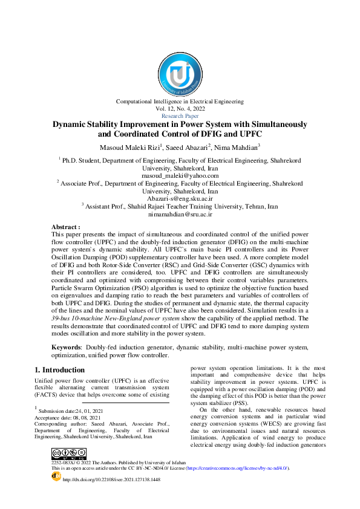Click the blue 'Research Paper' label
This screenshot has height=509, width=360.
point(180,115)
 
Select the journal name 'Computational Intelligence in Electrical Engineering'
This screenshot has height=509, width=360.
point(180,102)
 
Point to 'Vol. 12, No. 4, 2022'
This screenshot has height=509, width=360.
point(180,109)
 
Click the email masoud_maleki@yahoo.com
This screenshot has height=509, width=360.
point(180,175)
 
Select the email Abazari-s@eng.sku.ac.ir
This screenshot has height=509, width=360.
point(180,198)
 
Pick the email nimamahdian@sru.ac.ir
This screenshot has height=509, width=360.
point(180,213)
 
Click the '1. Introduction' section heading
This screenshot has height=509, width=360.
point(59,370)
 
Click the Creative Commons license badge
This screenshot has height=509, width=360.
point(68,454)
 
